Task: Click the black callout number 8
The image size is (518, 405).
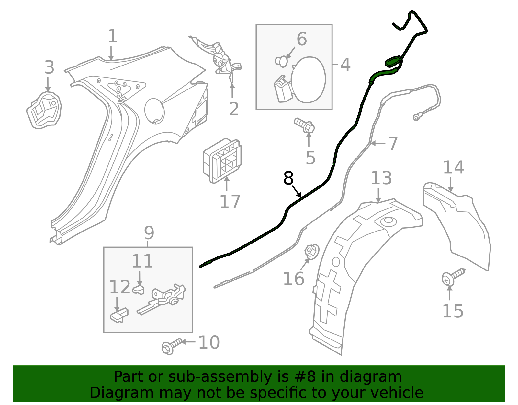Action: pos(288,178)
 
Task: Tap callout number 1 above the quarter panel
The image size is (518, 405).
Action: pos(112,36)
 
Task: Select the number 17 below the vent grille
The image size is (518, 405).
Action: pos(230,201)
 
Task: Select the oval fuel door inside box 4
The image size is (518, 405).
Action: pos(308,79)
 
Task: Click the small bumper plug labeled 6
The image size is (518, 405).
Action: pos(282,61)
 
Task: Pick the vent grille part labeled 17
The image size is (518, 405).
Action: pos(222,161)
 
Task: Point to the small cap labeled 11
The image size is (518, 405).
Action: pos(138,289)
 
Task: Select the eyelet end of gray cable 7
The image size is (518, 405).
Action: pos(416,117)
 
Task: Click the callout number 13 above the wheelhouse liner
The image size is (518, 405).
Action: pos(381,178)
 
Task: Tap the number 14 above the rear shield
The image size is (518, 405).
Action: pos(453,167)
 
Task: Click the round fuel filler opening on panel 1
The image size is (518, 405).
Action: pos(154,111)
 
